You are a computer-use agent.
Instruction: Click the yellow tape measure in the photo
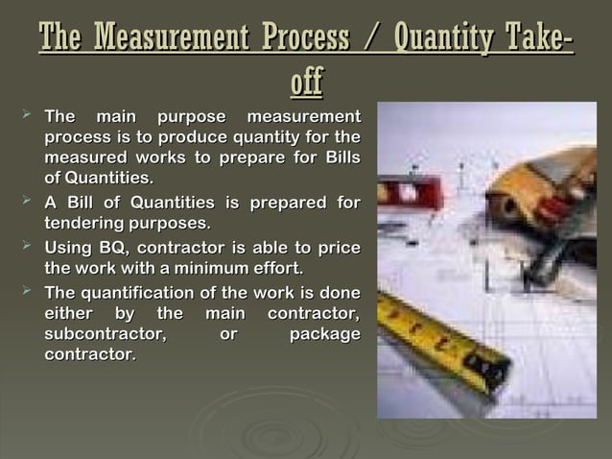coord(441,342)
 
